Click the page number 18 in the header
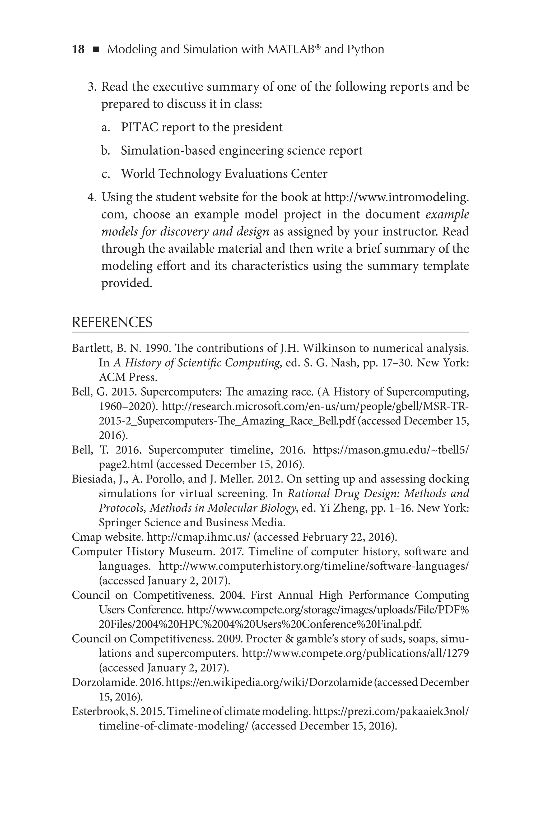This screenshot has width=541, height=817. tap(78, 49)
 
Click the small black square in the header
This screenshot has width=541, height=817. tap(96, 50)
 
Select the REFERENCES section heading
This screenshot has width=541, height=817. tap(112, 322)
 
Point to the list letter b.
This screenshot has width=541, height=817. tap(105, 151)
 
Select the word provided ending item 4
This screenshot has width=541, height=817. tap(126, 283)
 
